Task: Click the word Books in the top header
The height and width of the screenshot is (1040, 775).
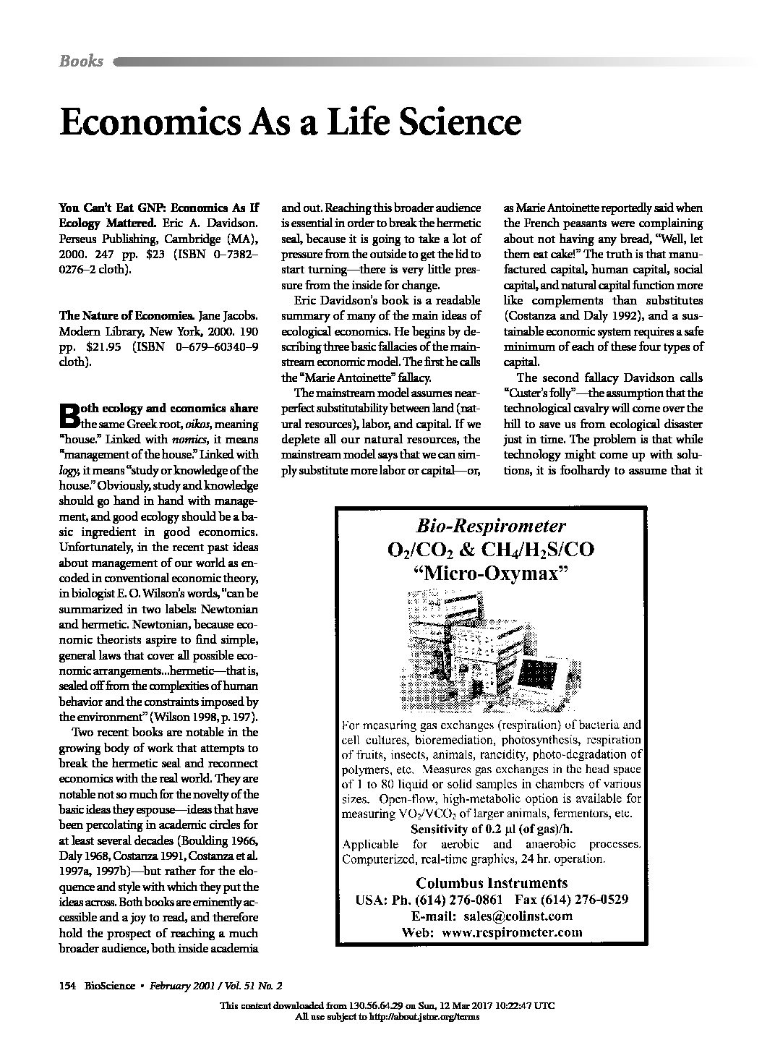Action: [81, 61]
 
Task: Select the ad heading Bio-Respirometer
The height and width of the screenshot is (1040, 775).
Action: [490, 526]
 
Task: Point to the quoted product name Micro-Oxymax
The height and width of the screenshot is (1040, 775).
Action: [490, 574]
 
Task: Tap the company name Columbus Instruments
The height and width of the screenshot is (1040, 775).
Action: [492, 883]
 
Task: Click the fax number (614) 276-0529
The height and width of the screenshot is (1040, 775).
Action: [586, 900]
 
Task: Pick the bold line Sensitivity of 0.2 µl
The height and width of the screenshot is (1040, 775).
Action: [491, 829]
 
